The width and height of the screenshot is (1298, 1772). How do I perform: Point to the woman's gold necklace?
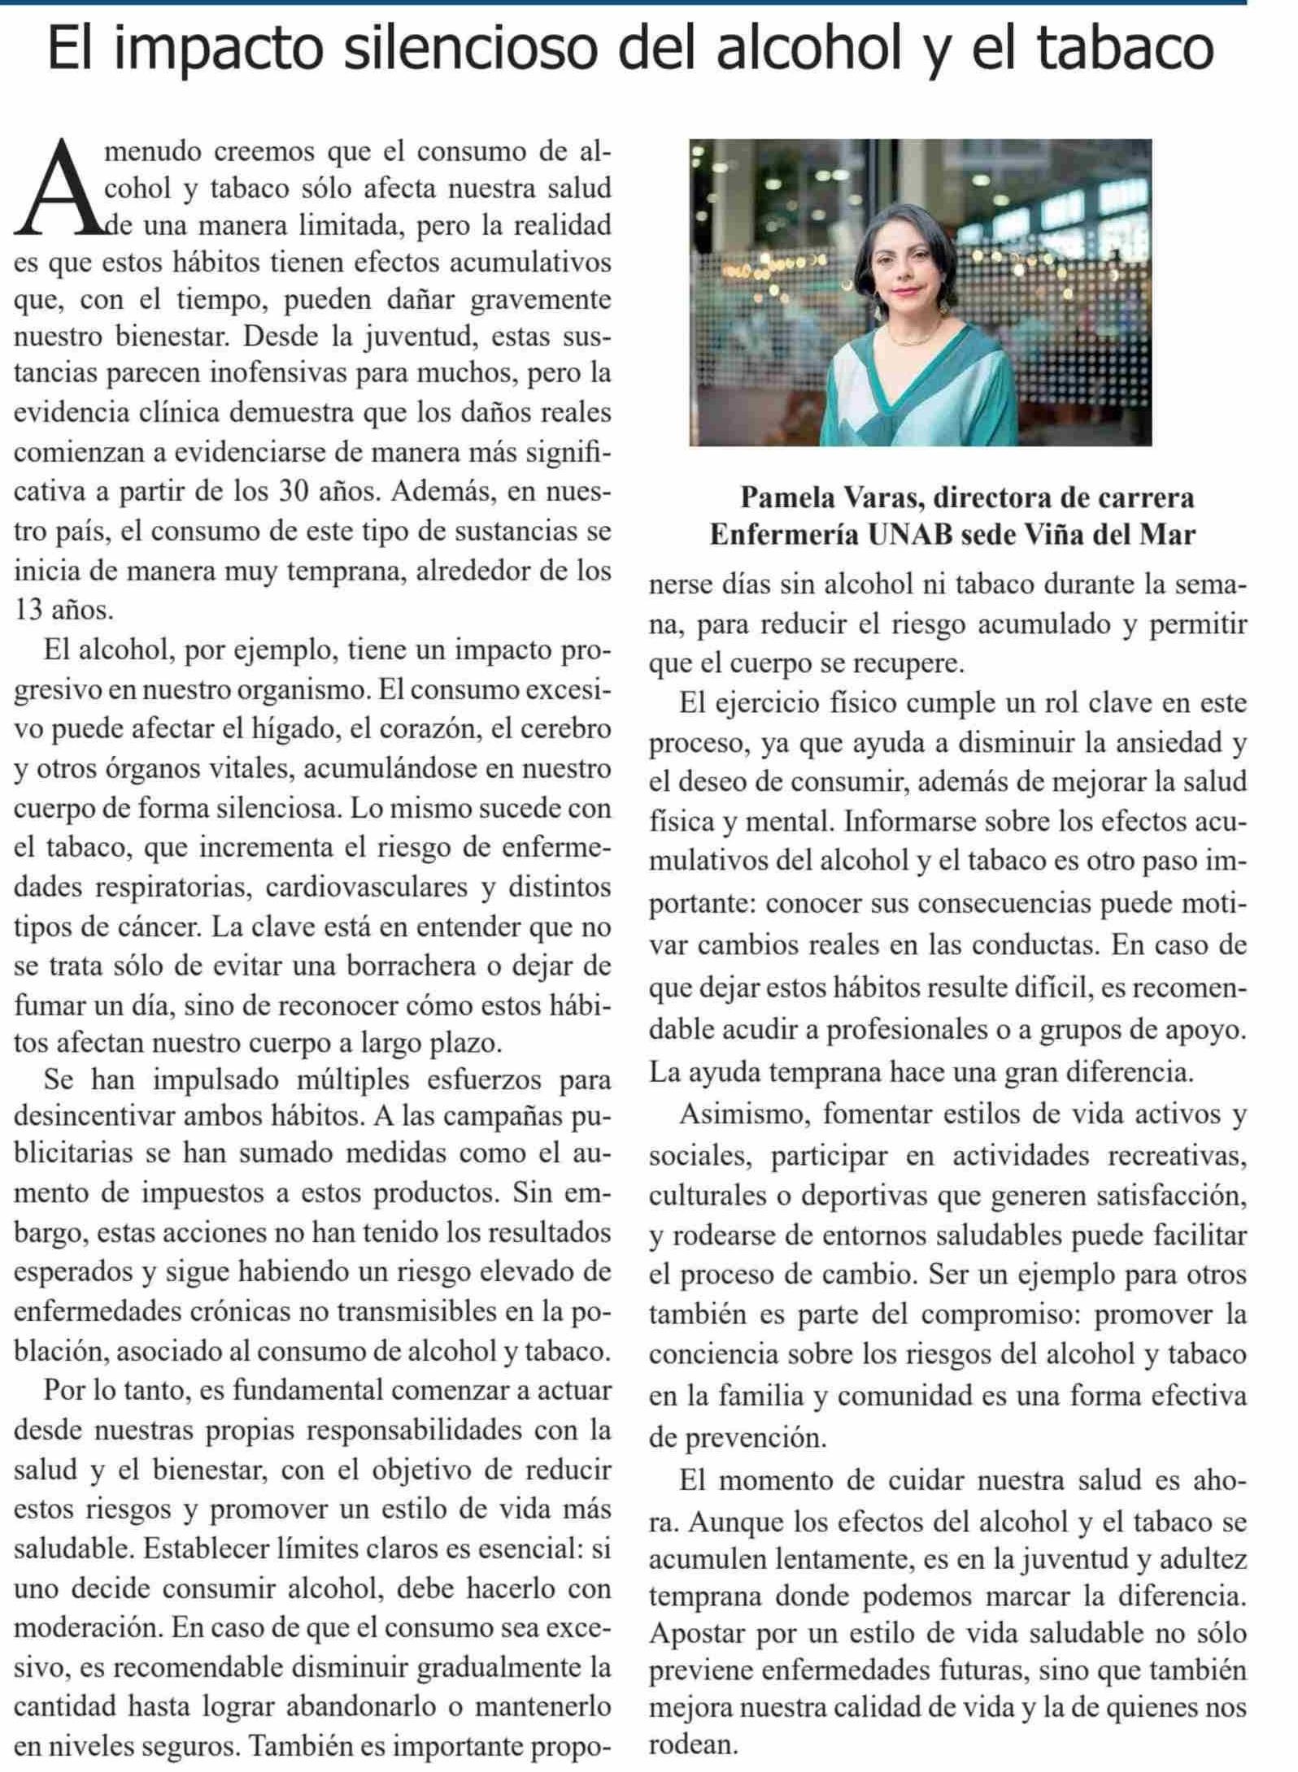click(917, 335)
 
